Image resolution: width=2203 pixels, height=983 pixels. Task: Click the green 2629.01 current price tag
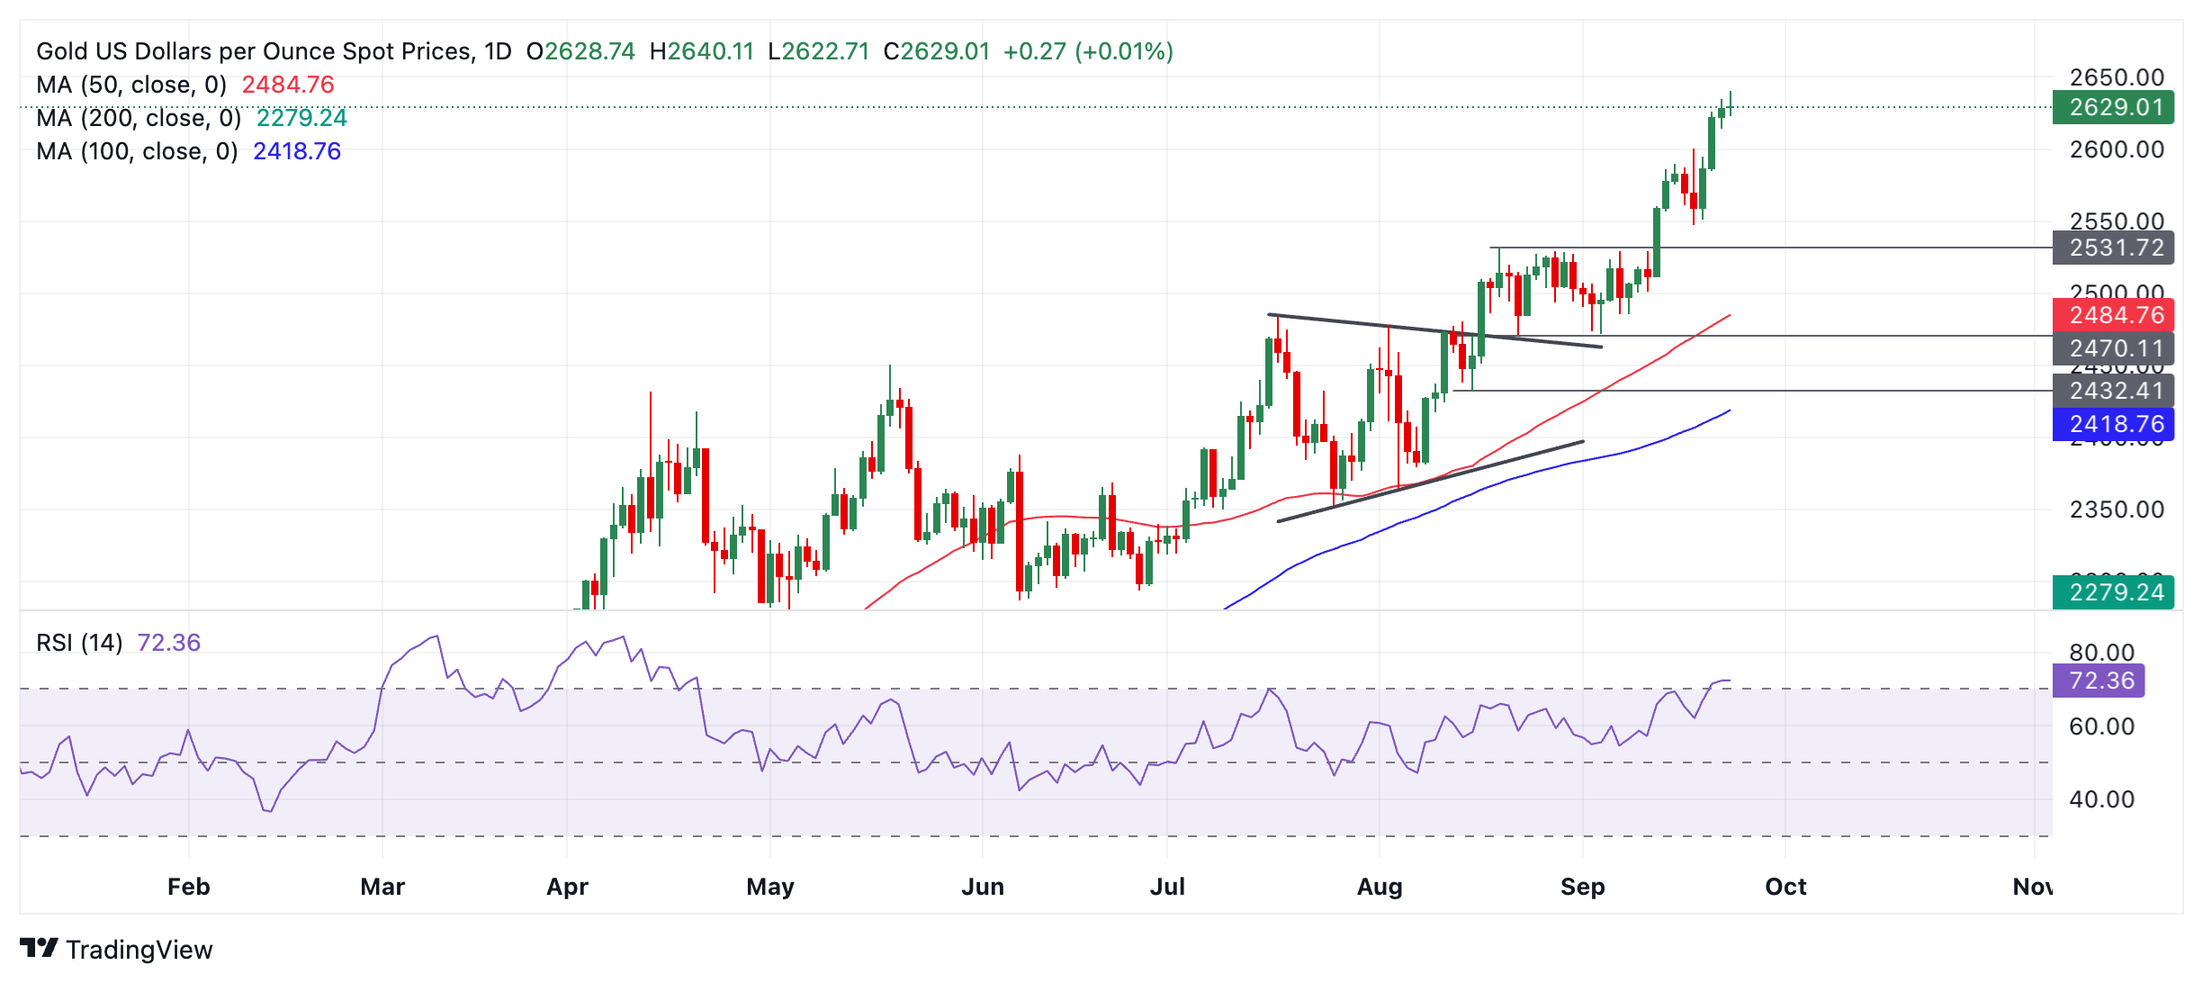(x=2112, y=107)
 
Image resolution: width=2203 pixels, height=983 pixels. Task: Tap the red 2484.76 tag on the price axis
(x=2112, y=315)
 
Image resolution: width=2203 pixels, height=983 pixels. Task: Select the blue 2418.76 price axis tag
(x=2112, y=424)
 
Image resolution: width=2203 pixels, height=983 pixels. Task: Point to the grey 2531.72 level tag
(x=2112, y=248)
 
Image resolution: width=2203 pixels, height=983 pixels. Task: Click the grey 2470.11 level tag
(x=2112, y=348)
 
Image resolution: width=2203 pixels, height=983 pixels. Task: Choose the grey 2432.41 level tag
(x=2112, y=391)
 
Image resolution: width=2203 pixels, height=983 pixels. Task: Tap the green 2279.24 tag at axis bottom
(x=2112, y=592)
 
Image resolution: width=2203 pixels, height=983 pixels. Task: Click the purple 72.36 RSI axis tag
(x=2098, y=681)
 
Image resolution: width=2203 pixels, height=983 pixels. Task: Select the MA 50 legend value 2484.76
(x=288, y=85)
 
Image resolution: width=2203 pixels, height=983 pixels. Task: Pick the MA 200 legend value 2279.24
(x=301, y=118)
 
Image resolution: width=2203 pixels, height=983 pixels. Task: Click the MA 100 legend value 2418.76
(x=297, y=151)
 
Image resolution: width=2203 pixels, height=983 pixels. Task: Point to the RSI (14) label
(x=79, y=643)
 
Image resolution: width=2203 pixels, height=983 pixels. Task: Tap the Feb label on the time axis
(x=188, y=887)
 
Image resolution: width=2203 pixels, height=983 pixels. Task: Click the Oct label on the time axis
(x=1785, y=887)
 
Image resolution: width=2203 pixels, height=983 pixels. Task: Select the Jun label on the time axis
(x=982, y=887)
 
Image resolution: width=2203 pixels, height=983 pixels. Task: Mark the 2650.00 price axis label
(x=2116, y=77)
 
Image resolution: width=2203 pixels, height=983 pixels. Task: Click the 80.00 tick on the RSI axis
(x=2101, y=653)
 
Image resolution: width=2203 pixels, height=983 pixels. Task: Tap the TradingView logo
(x=116, y=949)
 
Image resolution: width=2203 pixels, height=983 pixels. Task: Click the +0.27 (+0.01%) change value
(x=1088, y=51)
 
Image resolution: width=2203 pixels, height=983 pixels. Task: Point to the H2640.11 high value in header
(x=701, y=51)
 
